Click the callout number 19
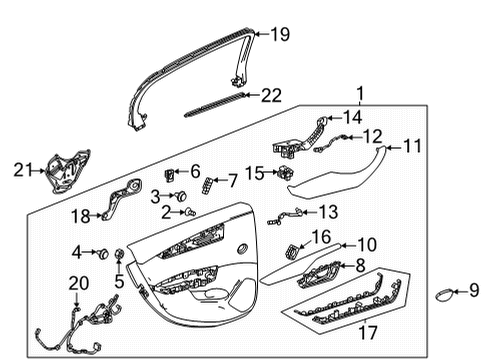coord(279,36)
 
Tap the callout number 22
coord(272,96)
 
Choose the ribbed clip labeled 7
coord(207,184)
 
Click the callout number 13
coord(329,212)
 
